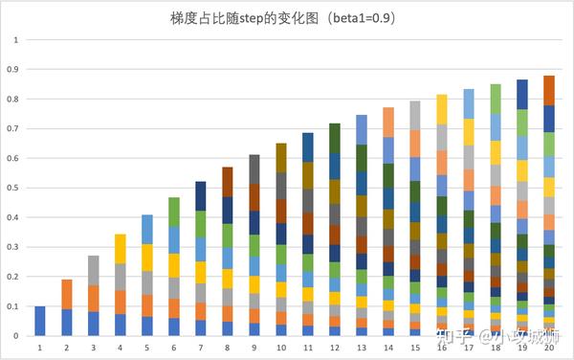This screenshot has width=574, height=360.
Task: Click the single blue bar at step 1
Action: (40, 321)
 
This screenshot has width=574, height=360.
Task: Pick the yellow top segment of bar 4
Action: (121, 249)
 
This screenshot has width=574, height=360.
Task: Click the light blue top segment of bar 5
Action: (147, 229)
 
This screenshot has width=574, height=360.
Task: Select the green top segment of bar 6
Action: (174, 212)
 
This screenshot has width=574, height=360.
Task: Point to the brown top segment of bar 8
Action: (228, 181)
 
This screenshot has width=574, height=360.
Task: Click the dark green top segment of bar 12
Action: (335, 137)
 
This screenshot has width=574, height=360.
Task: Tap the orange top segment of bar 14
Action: (388, 122)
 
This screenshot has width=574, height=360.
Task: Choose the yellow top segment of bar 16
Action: (442, 109)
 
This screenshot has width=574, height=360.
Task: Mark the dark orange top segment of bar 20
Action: (549, 90)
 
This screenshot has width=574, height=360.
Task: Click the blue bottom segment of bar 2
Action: (67, 322)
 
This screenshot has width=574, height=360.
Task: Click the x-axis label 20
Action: (549, 349)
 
